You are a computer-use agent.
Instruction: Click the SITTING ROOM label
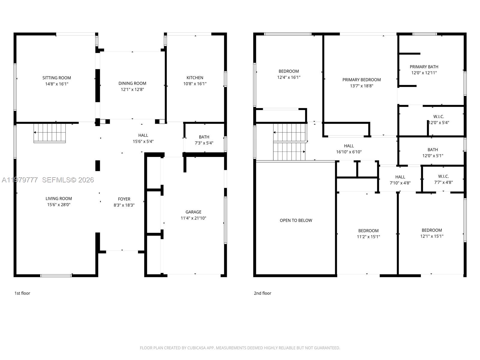click(57, 78)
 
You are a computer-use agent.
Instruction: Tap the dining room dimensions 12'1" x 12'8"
click(132, 89)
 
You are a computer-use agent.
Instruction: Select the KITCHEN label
click(195, 78)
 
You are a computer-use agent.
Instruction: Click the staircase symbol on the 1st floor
click(49, 133)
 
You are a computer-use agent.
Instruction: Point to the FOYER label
click(124, 199)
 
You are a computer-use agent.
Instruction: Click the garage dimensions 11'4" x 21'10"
click(193, 218)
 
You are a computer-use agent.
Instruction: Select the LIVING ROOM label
click(58, 198)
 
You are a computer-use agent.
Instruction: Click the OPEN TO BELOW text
click(296, 220)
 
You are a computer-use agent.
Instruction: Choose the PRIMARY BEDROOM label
click(361, 79)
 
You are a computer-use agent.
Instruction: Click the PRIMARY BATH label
click(424, 67)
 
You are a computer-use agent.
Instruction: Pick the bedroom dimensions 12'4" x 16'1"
click(289, 77)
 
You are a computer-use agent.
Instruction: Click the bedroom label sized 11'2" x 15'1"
click(368, 231)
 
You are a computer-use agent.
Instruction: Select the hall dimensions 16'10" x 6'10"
click(349, 152)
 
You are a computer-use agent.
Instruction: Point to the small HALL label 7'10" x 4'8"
click(400, 177)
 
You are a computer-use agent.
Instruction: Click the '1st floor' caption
click(22, 293)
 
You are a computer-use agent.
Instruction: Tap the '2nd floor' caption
click(262, 293)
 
